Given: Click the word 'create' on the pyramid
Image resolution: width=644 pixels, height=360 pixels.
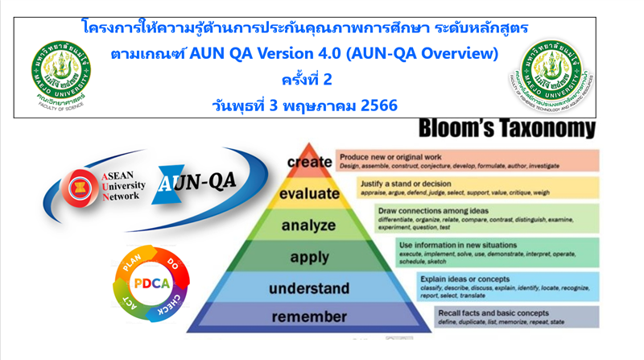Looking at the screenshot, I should tap(309, 162).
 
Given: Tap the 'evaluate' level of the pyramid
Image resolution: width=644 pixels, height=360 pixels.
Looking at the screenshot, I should tap(309, 194).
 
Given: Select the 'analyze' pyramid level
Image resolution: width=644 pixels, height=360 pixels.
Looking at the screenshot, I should tap(309, 226).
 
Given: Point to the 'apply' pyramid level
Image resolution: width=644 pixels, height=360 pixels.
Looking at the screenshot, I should tap(309, 258).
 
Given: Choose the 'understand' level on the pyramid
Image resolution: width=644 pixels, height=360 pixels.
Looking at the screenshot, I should tap(309, 288).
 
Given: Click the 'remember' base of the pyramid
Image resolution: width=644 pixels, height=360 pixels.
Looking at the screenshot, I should tap(309, 317).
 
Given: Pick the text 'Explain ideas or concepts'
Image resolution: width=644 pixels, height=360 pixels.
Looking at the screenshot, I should tap(464, 279).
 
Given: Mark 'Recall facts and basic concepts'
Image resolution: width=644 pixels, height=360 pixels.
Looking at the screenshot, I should tap(493, 312).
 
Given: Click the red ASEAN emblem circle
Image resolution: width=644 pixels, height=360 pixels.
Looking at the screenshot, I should tap(79, 184).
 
